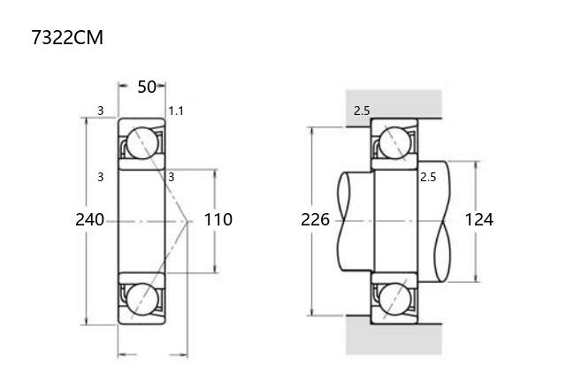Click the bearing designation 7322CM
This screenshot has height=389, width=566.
[x=67, y=37]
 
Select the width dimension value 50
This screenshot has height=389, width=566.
[x=147, y=87]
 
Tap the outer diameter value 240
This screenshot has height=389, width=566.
[x=89, y=220]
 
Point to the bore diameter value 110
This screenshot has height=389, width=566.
[x=218, y=220]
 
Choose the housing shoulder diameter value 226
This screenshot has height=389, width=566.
[x=315, y=220]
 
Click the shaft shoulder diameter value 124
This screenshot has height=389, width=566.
[x=478, y=220]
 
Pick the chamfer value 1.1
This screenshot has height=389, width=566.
[x=176, y=111]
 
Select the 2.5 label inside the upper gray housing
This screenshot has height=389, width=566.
[x=362, y=111]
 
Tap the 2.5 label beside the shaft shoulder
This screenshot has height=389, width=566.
[x=428, y=177]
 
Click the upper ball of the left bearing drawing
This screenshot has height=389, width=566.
[x=142, y=143]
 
